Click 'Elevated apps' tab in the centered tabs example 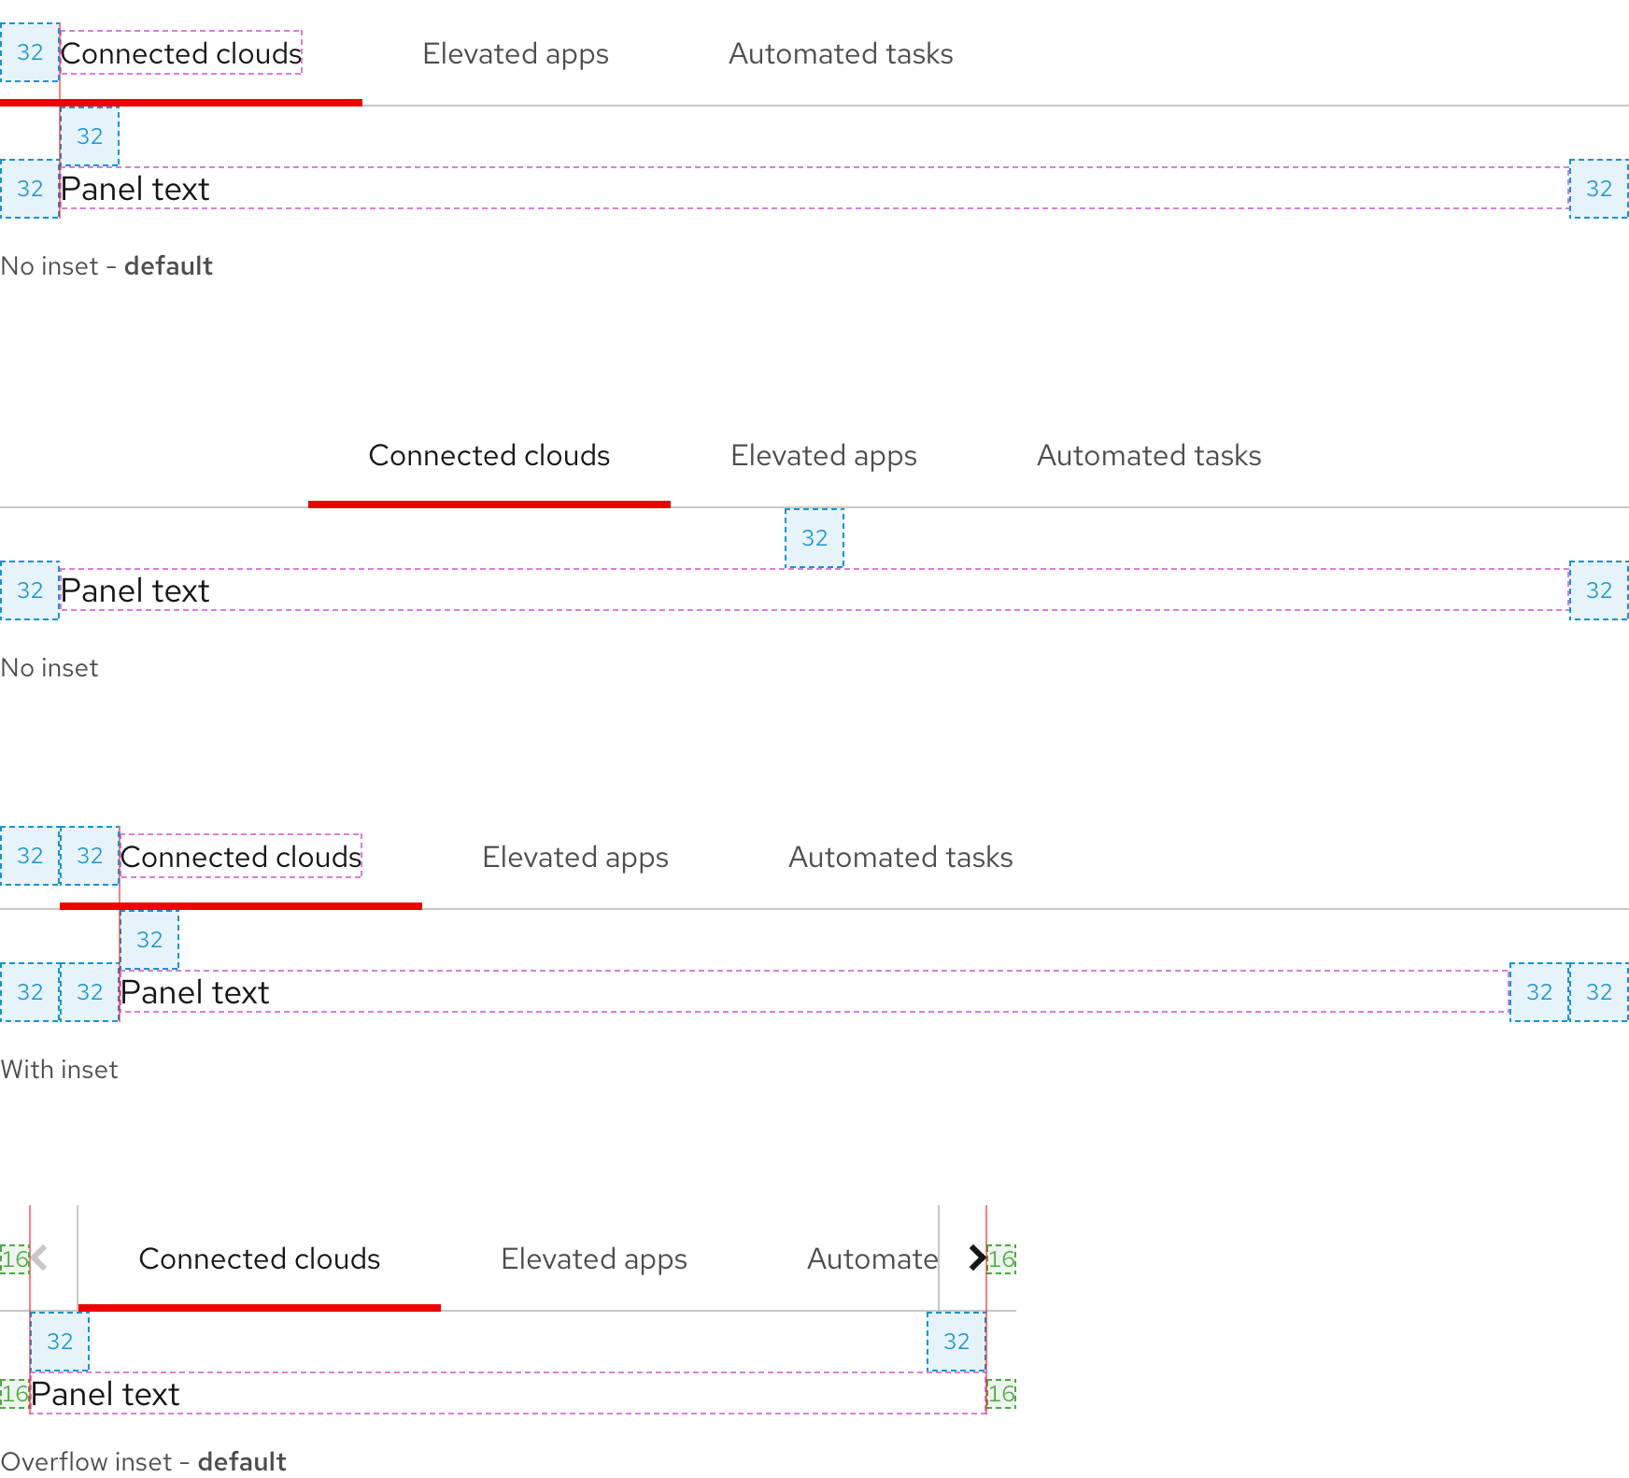point(823,456)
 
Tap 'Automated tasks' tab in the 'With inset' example point(899,858)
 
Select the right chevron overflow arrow point(976,1258)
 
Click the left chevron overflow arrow point(39,1258)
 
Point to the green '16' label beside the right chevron point(1001,1259)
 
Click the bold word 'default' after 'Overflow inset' point(241,1461)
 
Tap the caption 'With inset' point(59,1070)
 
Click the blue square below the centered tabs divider point(814,538)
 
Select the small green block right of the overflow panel point(1001,1394)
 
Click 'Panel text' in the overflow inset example point(105,1394)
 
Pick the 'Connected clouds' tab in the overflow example point(259,1259)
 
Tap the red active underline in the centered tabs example point(489,504)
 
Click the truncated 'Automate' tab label point(871,1259)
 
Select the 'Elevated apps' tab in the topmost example point(515,54)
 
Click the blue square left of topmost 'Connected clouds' point(29,52)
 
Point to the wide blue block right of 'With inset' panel point(1568,992)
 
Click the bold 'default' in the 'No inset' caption point(168,266)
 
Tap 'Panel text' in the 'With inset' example point(194,992)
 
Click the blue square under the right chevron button point(956,1342)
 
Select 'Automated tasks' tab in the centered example point(1148,456)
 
